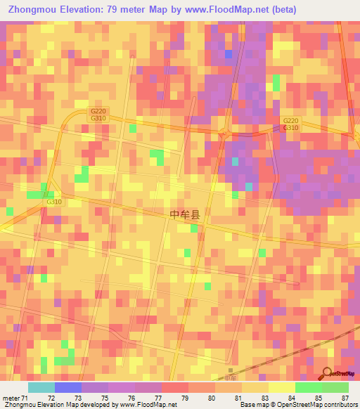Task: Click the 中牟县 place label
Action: pos(186,215)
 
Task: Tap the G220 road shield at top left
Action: pos(98,112)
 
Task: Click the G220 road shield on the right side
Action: pos(291,120)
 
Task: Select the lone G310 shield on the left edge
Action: pos(54,202)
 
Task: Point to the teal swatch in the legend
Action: pos(41,387)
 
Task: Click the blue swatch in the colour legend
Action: pos(68,387)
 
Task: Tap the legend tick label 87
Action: pos(345,398)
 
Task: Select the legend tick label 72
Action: pos(51,398)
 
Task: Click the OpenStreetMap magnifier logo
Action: pos(328,374)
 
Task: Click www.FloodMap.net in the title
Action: pos(226,10)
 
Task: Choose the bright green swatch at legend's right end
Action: pos(335,387)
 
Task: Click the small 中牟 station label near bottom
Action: pos(233,377)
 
